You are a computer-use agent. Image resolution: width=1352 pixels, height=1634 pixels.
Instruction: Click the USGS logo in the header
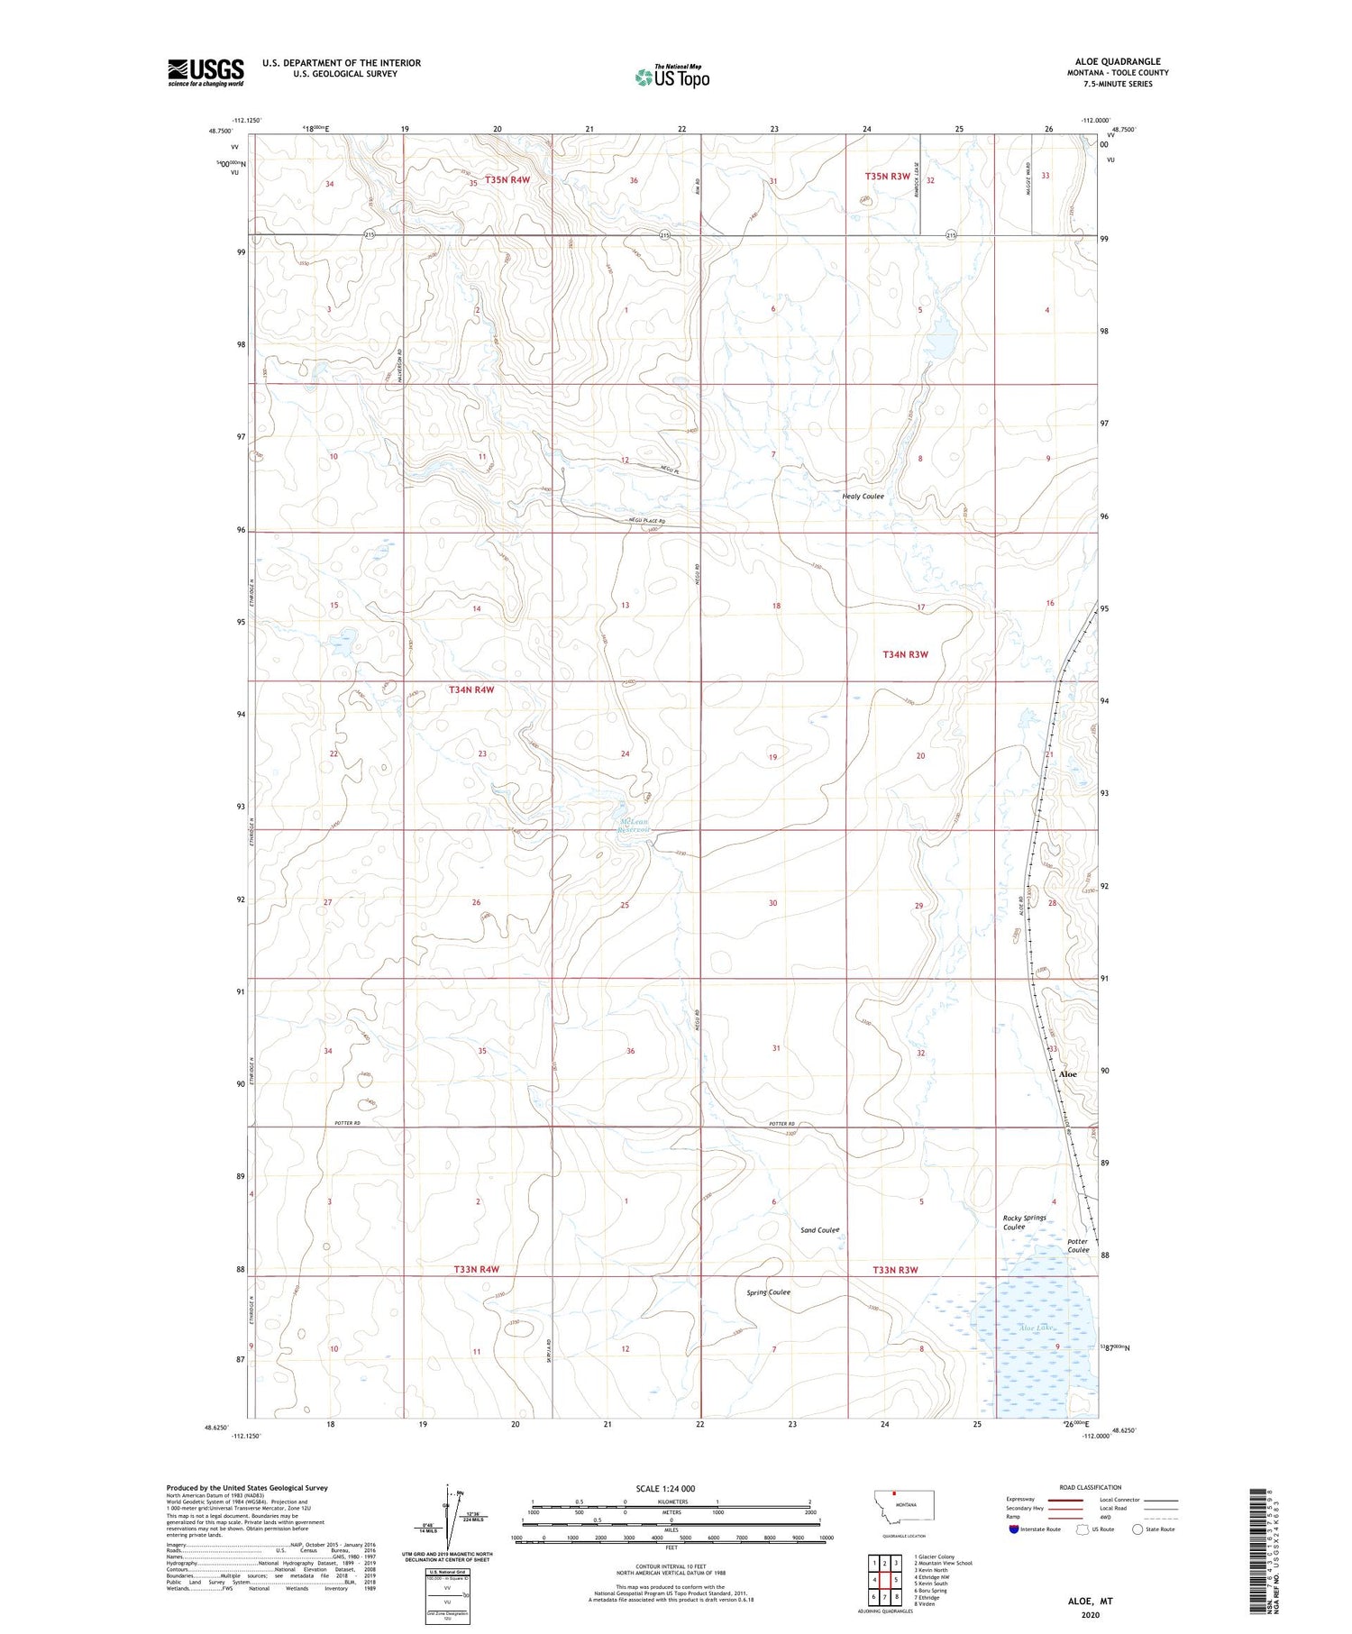point(206,72)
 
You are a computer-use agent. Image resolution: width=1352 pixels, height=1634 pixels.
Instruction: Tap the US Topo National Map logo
point(671,78)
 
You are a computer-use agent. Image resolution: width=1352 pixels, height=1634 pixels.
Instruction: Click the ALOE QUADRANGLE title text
point(1115,61)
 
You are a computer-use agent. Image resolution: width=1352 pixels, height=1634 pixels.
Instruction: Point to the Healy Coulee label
point(863,497)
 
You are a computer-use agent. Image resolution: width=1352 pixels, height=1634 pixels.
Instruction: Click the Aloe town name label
point(1067,1074)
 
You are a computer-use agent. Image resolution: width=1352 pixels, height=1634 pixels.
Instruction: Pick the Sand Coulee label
point(819,1230)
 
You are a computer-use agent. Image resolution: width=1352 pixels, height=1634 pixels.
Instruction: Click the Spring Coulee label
point(768,1292)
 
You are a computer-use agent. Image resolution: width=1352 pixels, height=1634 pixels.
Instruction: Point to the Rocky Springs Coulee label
point(1025,1222)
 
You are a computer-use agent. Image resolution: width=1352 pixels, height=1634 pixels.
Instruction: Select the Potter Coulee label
point(1078,1246)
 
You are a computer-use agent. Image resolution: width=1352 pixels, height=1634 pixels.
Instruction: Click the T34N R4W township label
point(471,689)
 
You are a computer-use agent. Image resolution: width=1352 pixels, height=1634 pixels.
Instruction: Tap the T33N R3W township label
point(895,1270)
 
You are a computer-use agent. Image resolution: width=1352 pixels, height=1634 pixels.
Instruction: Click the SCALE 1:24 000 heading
point(671,1488)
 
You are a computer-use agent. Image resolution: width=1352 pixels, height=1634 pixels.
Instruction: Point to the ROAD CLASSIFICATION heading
point(1090,1487)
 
